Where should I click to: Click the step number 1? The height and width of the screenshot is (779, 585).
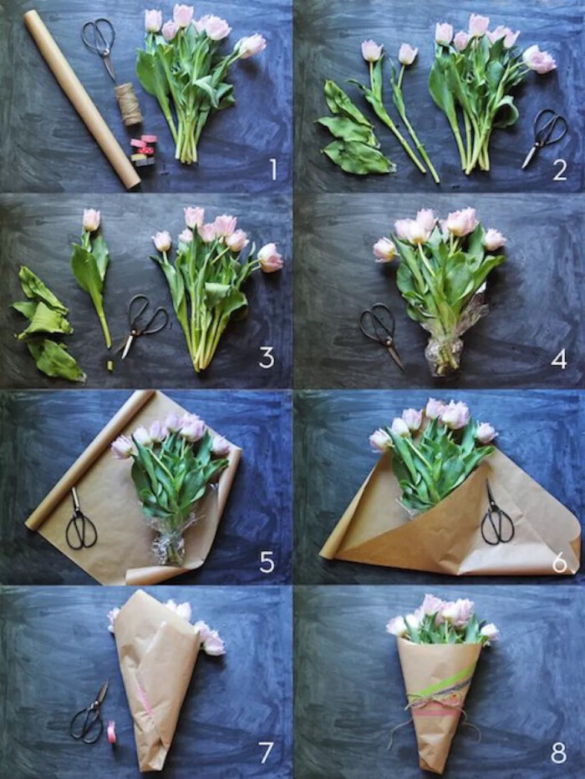pos(273,169)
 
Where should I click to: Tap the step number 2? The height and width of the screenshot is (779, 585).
pos(560,169)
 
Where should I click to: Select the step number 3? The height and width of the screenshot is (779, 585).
pos(267,357)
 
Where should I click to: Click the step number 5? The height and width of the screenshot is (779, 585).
pos(267,563)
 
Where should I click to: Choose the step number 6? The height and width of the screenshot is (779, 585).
pos(560,563)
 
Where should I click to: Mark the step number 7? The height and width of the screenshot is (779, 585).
pos(266,752)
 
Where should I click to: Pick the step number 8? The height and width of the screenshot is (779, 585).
pos(558,753)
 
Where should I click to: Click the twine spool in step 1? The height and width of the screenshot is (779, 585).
pos(129,104)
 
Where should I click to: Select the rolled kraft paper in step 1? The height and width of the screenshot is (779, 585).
pos(82,99)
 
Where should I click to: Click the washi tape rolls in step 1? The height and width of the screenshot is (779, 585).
pos(143,149)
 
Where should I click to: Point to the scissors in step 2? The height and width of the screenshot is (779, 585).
pos(545,138)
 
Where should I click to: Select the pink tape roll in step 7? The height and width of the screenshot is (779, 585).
pos(111,731)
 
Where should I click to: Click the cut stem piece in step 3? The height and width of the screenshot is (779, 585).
pos(110,365)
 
